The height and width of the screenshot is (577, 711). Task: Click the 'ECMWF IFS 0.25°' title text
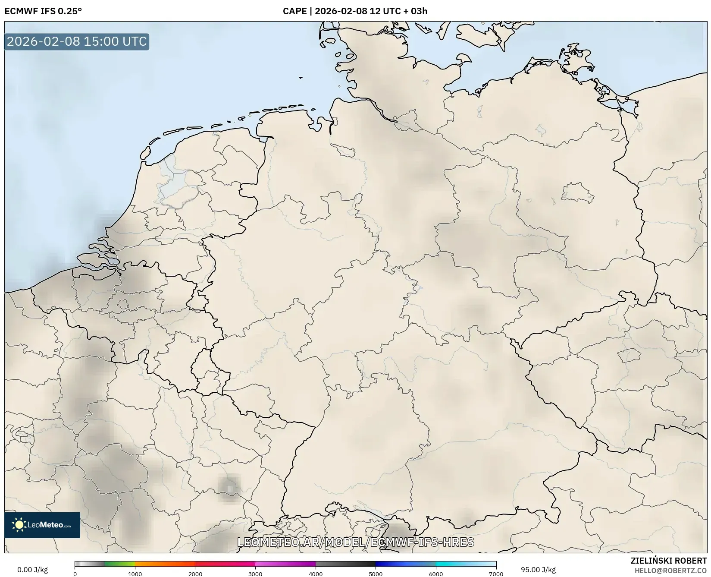(x=43, y=11)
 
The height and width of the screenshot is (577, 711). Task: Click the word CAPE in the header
(x=294, y=11)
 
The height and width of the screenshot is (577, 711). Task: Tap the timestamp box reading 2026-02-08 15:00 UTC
(x=77, y=41)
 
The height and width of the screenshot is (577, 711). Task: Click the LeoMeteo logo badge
(x=42, y=525)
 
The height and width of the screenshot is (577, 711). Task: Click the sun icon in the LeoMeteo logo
(x=19, y=525)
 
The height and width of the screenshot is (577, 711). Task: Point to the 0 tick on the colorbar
(x=75, y=574)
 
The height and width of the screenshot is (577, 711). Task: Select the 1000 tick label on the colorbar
(x=135, y=574)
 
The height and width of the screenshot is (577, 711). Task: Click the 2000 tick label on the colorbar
(x=195, y=574)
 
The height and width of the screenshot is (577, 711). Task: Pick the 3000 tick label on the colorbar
(x=255, y=574)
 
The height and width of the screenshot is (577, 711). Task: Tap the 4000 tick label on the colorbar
(x=316, y=574)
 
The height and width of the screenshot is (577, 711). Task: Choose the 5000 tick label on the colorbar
(x=376, y=574)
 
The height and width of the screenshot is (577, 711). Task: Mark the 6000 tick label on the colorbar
(x=436, y=574)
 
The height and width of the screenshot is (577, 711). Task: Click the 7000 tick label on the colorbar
(x=496, y=574)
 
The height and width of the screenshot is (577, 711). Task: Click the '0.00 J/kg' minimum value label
(x=32, y=570)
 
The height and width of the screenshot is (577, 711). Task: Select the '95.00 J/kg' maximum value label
(x=538, y=570)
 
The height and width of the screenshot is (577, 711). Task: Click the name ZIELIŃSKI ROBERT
(x=669, y=561)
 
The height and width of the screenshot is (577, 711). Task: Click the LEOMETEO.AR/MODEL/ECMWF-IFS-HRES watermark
(x=356, y=542)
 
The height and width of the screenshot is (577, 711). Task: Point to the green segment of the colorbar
(x=120, y=564)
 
